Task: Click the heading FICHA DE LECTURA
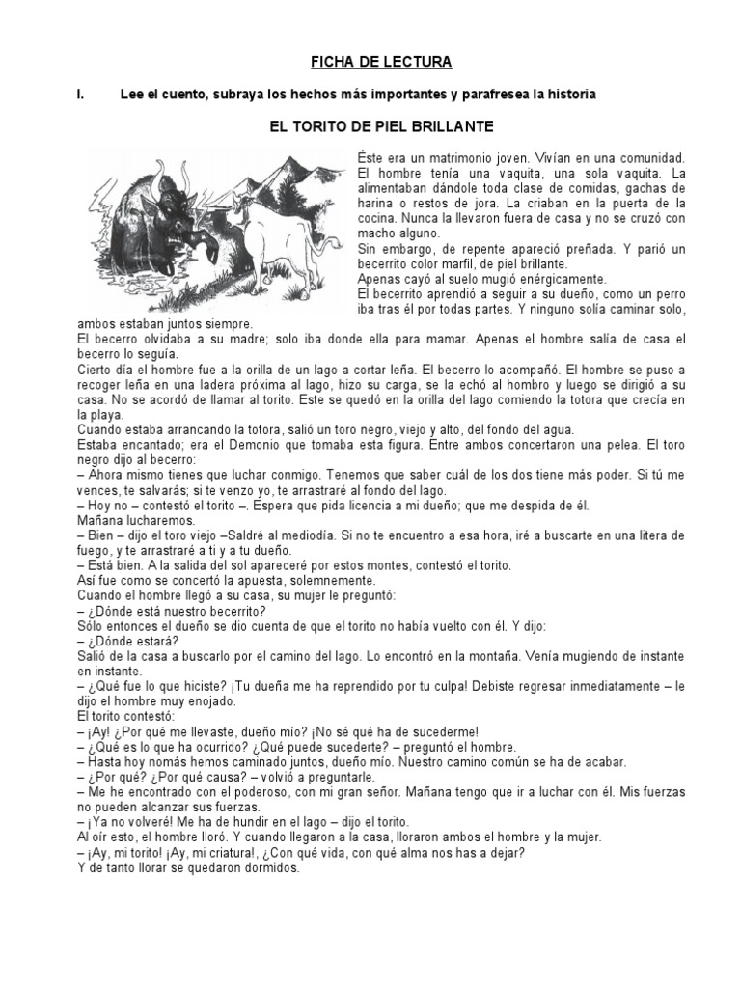pos(367,63)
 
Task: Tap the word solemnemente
pos(326,580)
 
